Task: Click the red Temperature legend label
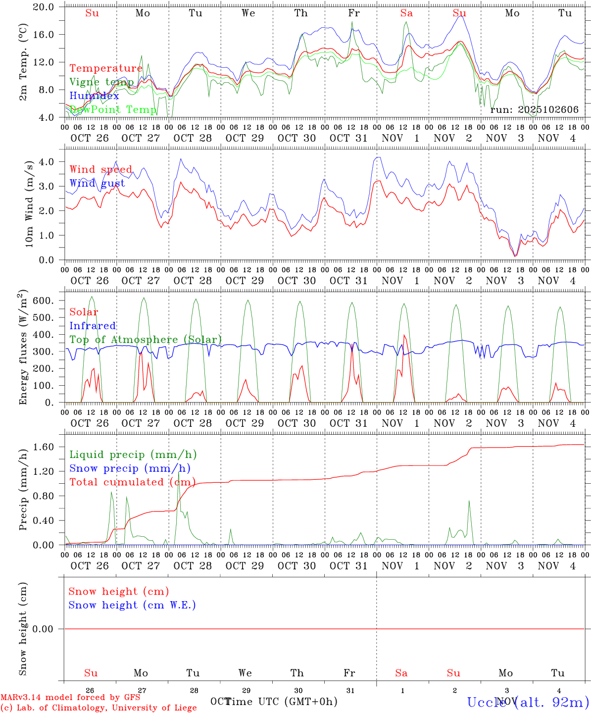point(106,68)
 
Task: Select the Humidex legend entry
point(94,96)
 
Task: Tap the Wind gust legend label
point(97,183)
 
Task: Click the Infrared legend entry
point(93,326)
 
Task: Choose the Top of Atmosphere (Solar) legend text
point(146,340)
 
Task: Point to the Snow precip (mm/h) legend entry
point(130,468)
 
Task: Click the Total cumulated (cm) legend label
point(132,482)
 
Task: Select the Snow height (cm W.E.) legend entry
point(132,605)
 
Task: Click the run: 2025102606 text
point(534,110)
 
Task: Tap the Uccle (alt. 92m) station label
point(528,702)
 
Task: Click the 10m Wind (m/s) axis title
point(29,207)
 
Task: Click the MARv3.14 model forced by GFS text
point(70,698)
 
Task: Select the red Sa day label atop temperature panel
point(406,13)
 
